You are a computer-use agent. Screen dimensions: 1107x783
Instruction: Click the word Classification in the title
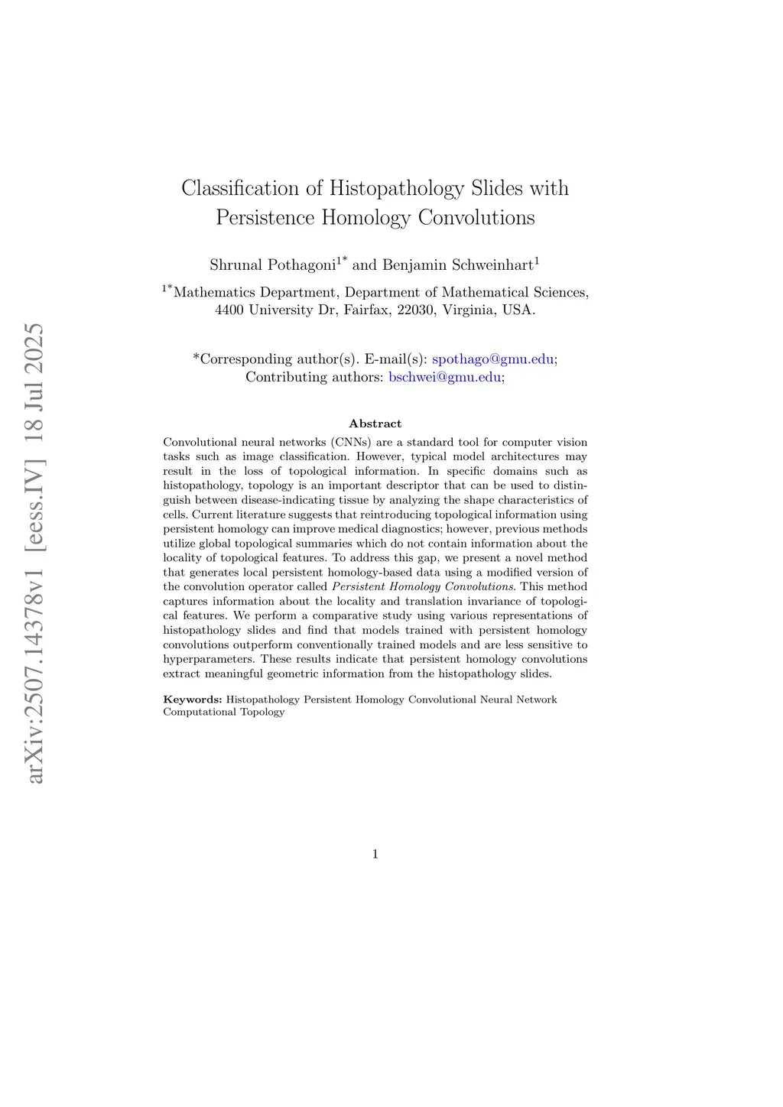pyautogui.click(x=240, y=188)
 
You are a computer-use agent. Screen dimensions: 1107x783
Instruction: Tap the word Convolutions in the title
pyautogui.click(x=476, y=218)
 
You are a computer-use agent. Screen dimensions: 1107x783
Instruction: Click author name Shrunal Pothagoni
pyautogui.click(x=273, y=265)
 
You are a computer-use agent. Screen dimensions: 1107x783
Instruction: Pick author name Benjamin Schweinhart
pyautogui.click(x=457, y=265)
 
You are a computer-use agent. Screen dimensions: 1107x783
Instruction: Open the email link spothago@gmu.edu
pyautogui.click(x=493, y=359)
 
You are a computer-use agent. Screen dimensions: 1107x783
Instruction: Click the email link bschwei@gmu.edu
pyautogui.click(x=445, y=377)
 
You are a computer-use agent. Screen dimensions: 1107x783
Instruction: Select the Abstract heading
pyautogui.click(x=375, y=424)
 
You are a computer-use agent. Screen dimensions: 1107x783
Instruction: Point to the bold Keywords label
pyautogui.click(x=192, y=700)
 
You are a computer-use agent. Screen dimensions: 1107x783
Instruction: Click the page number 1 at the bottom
pyautogui.click(x=375, y=854)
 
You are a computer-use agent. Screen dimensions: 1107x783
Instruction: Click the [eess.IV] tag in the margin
pyautogui.click(x=34, y=504)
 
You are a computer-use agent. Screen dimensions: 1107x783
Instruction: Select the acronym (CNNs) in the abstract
pyautogui.click(x=351, y=442)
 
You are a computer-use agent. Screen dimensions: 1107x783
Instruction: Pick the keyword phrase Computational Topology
pyautogui.click(x=224, y=712)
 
